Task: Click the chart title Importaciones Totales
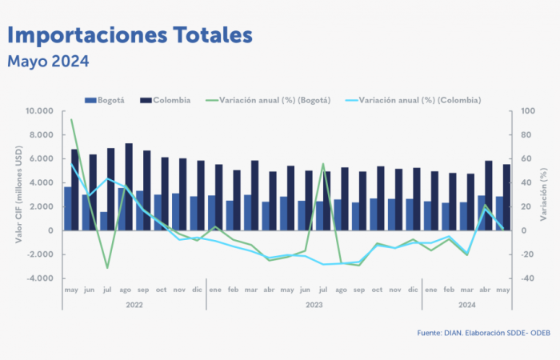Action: (130, 34)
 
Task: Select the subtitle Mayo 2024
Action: (48, 61)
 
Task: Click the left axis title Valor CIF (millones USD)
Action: (18, 194)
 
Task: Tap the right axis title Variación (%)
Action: (546, 194)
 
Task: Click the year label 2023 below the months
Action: (314, 305)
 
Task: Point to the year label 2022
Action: (134, 305)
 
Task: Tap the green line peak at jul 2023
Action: (323, 163)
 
